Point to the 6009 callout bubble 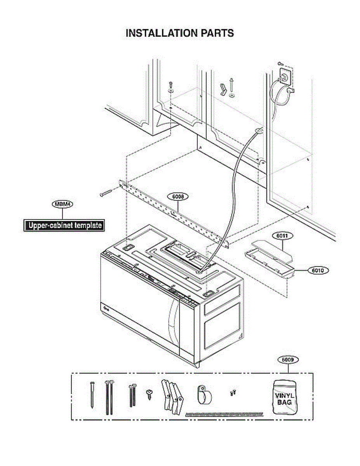[x=288, y=360]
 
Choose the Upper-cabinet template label [x=64, y=225]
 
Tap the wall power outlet [x=286, y=76]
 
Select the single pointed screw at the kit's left [x=92, y=394]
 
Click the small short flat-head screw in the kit [x=149, y=393]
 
